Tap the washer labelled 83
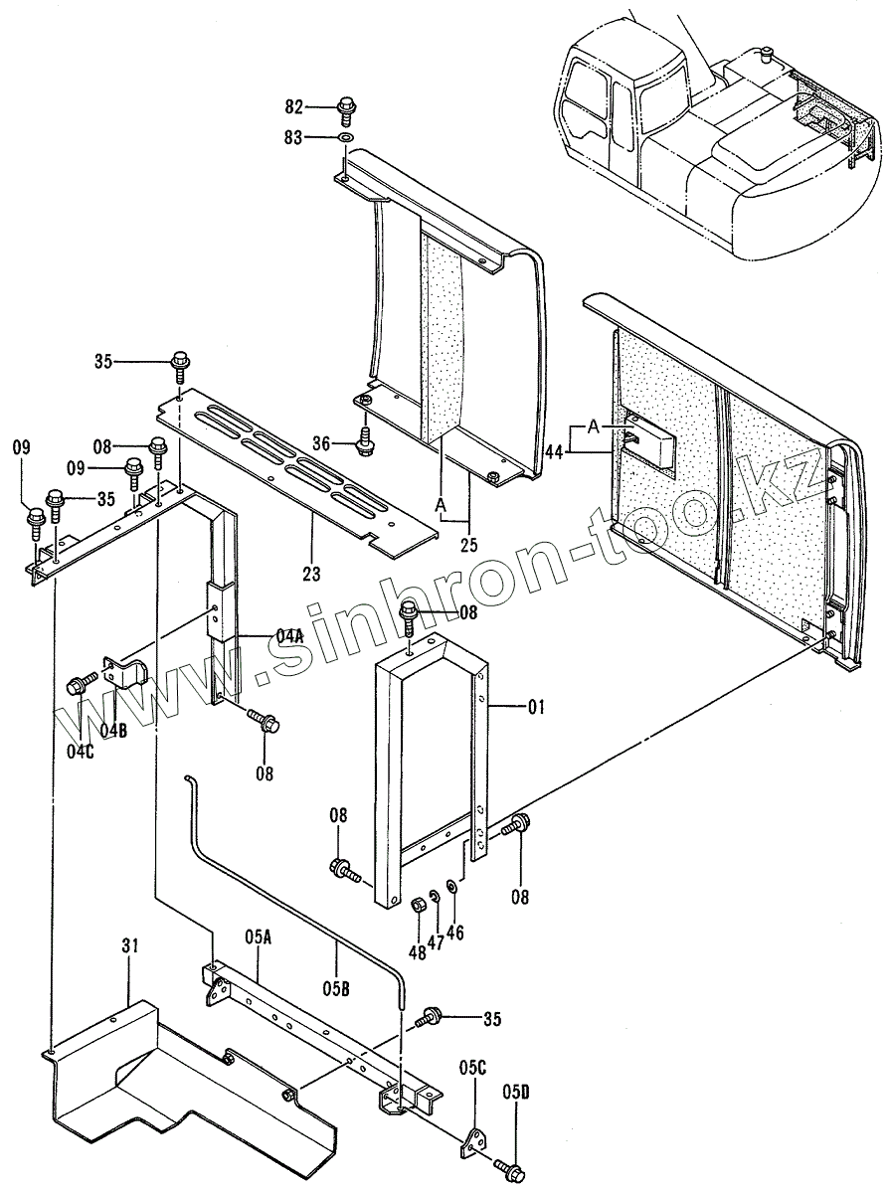tap(346, 137)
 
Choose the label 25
tap(467, 543)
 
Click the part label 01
tap(537, 708)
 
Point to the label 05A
tap(257, 937)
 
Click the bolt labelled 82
tap(346, 105)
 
